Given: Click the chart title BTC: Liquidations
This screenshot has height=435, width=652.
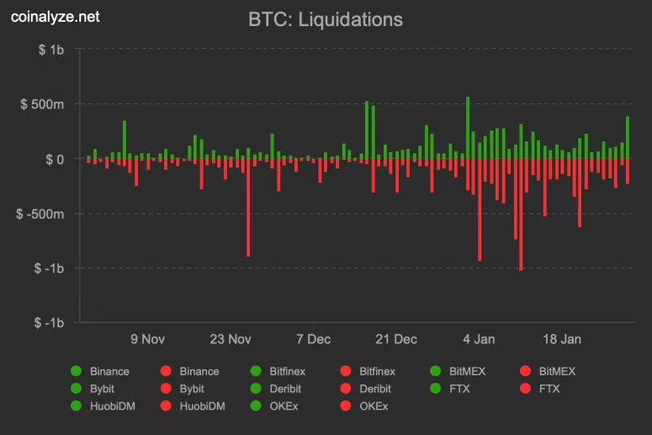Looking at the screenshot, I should (x=326, y=19).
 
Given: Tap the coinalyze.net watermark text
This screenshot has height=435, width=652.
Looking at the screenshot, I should (x=55, y=17).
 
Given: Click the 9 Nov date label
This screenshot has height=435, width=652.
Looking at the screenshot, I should (x=147, y=339).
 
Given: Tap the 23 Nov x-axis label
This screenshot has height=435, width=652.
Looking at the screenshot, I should (x=231, y=339).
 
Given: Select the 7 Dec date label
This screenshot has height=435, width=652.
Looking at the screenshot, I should (x=313, y=339).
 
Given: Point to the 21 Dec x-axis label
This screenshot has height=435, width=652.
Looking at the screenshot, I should (x=395, y=339).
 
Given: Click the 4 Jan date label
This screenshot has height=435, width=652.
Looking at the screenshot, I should (x=479, y=339).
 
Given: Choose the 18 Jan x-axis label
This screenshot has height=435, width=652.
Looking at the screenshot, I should (x=561, y=339).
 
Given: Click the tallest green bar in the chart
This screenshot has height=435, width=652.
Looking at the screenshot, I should (x=468, y=126).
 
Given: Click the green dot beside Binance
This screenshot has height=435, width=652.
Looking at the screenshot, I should (x=77, y=371).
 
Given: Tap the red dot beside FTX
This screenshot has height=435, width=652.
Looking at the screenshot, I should (x=525, y=389).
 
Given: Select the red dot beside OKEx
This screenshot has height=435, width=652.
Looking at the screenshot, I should (x=346, y=406).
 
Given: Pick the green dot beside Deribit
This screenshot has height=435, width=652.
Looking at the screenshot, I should (x=256, y=389).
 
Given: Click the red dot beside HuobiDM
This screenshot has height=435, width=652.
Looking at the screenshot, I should (x=166, y=406).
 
